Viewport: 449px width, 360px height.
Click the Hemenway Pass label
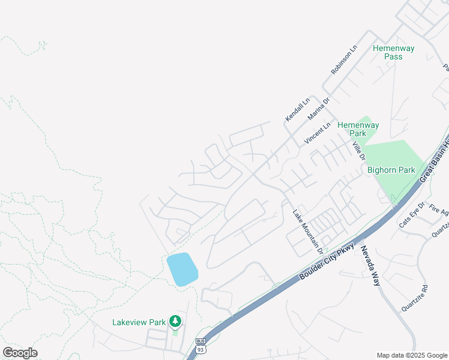(393, 52)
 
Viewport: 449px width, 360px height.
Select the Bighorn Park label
(391, 170)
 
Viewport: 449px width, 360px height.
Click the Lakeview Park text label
(139, 322)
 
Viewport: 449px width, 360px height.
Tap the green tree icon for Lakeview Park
(175, 322)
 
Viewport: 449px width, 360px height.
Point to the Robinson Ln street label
(344, 59)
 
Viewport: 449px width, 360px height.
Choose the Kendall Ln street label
(297, 109)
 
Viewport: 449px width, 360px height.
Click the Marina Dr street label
(319, 108)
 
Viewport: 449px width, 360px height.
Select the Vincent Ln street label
(318, 133)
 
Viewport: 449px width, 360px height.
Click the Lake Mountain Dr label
(308, 230)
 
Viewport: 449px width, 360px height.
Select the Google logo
(20, 353)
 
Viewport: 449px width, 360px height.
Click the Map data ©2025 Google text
(412, 355)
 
